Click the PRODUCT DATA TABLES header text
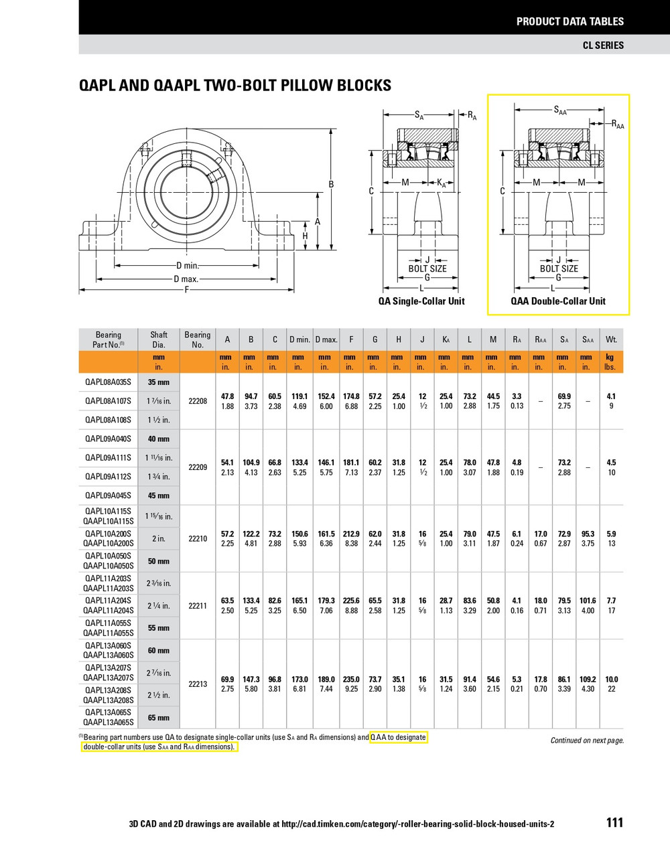click(x=569, y=21)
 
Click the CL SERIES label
click(x=603, y=45)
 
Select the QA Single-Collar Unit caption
click(x=421, y=301)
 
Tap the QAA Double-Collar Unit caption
click(x=558, y=301)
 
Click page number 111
click(x=614, y=823)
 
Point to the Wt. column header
click(x=611, y=339)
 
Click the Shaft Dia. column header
click(x=159, y=339)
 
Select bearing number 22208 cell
click(x=198, y=401)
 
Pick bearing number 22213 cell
click(x=198, y=684)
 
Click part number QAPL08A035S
click(x=108, y=382)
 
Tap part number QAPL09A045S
click(x=108, y=495)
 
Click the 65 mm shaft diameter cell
click(x=159, y=718)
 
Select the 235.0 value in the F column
click(x=351, y=679)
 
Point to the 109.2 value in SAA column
click(x=588, y=679)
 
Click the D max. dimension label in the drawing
click(x=186, y=279)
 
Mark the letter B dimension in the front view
click(x=330, y=184)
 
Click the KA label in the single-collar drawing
click(x=441, y=183)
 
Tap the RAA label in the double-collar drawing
click(x=617, y=124)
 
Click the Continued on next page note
click(x=587, y=741)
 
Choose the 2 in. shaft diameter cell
click(x=159, y=539)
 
